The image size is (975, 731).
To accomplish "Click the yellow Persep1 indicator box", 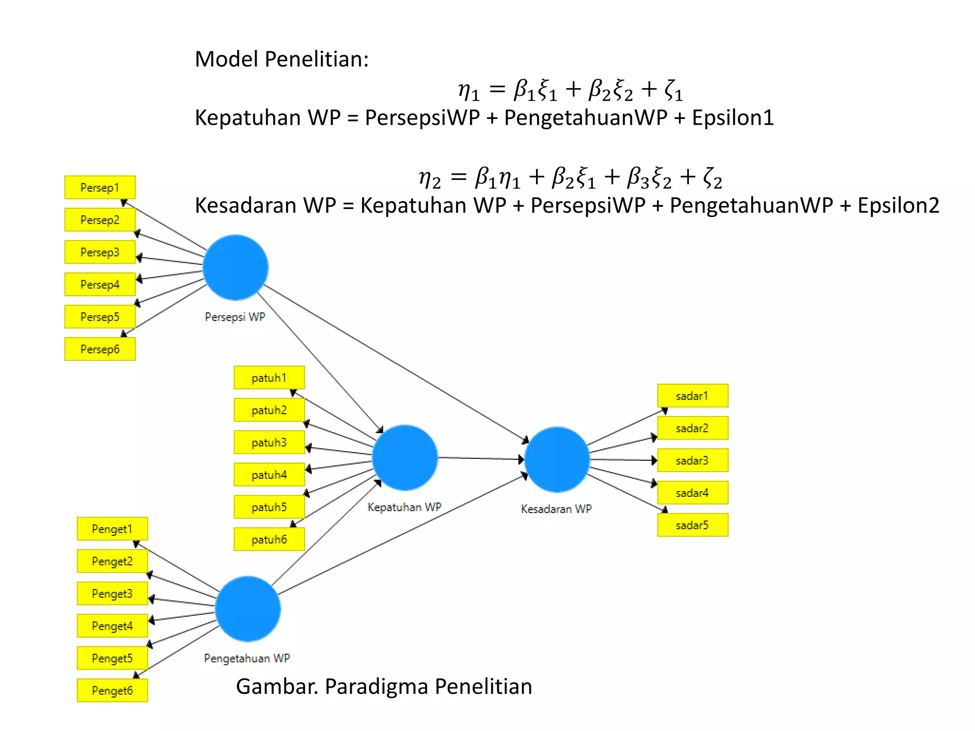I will coord(100,188).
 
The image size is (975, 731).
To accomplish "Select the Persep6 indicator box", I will coord(100,349).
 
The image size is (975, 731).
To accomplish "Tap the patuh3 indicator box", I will coord(269,442).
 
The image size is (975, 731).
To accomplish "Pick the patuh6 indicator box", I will coord(269,539).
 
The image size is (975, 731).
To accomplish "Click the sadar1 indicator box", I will coord(692,395).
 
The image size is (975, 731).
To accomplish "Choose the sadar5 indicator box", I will coord(692,525).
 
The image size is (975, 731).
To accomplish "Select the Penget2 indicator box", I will coord(112,561).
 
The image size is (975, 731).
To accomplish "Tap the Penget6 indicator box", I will coord(112,691).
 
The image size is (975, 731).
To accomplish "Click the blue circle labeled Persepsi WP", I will coord(235,267).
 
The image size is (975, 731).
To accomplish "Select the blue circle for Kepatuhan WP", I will coord(405,457).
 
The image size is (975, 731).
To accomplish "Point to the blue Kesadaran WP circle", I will coord(557,459).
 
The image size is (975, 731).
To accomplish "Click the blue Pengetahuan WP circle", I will coord(248,609).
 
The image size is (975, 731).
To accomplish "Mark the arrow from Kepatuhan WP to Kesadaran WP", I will coord(481,458).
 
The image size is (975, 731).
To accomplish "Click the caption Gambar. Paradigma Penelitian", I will coord(384,686).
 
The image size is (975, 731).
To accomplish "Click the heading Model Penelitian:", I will coord(282,59).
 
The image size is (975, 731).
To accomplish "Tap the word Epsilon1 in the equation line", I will coord(733,118).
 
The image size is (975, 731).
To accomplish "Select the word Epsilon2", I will coord(898,206).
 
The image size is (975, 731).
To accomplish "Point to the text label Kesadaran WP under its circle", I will coord(556,509).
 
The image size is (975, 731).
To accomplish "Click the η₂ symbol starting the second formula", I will coord(429,178).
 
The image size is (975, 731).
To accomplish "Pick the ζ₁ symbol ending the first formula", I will coord(673,90).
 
